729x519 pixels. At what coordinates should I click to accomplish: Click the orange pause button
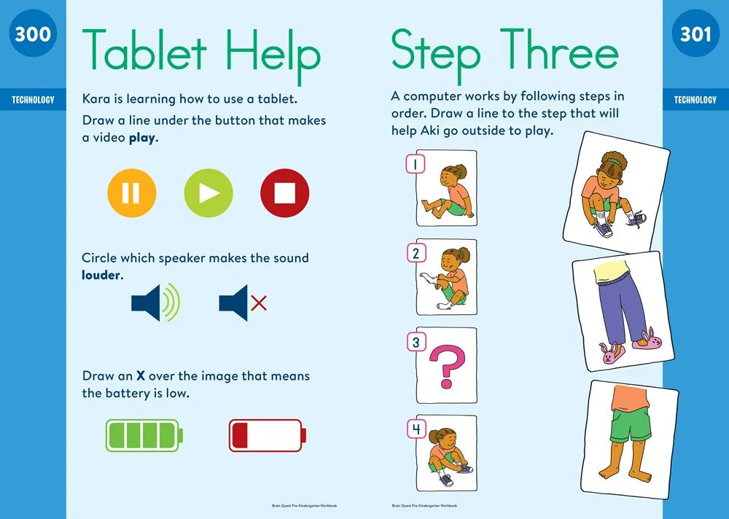pyautogui.click(x=131, y=193)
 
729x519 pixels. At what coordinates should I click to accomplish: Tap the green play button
pyautogui.click(x=208, y=193)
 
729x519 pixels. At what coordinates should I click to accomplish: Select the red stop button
pyautogui.click(x=284, y=193)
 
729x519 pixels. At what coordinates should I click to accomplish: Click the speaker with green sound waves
pyautogui.click(x=155, y=303)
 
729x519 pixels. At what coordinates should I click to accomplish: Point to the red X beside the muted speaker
pyautogui.click(x=259, y=303)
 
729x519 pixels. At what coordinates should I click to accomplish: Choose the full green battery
pyautogui.click(x=144, y=435)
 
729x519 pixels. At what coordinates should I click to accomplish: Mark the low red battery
pyautogui.click(x=268, y=435)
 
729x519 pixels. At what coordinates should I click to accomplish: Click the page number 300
pyautogui.click(x=33, y=34)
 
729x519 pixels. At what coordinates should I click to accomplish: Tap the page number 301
pyautogui.click(x=695, y=34)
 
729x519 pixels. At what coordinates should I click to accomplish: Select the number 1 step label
pyautogui.click(x=416, y=164)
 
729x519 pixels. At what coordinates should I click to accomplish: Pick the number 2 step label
pyautogui.click(x=416, y=254)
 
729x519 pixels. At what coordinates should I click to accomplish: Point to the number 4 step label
pyautogui.click(x=416, y=429)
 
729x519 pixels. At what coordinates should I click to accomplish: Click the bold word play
pyautogui.click(x=142, y=138)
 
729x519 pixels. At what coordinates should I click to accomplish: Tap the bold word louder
pyautogui.click(x=101, y=275)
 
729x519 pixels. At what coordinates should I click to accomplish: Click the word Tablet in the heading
pyautogui.click(x=144, y=50)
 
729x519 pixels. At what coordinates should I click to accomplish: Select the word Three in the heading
pyautogui.click(x=559, y=50)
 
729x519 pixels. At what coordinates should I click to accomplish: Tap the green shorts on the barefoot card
pyautogui.click(x=631, y=424)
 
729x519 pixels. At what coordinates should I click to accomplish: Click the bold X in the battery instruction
pyautogui.click(x=141, y=375)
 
